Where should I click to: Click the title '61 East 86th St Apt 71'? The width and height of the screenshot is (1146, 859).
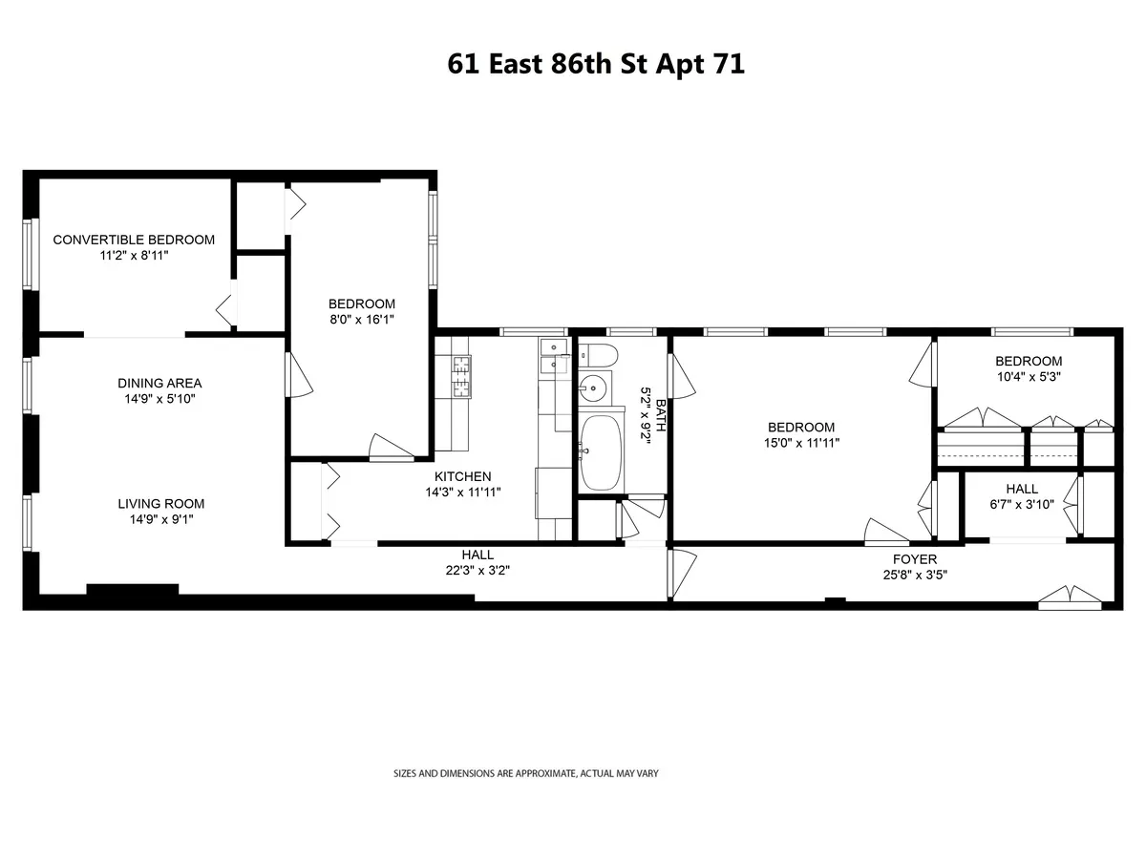point(596,65)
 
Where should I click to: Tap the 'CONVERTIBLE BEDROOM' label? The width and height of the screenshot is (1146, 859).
point(134,240)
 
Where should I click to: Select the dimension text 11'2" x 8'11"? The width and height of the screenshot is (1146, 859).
point(134,256)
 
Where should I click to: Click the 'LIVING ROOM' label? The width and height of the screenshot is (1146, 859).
point(161,504)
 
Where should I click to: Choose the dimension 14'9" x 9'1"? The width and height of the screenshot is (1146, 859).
point(161,520)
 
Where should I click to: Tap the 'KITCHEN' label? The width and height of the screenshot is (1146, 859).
point(463,476)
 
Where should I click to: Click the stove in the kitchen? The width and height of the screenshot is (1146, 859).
point(462,375)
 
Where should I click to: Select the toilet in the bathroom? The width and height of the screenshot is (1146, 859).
point(596,356)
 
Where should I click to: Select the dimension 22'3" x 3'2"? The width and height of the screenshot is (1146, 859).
point(477,571)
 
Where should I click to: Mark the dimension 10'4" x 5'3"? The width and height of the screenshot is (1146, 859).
point(1028,377)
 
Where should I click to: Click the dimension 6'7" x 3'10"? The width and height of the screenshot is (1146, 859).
point(1021,505)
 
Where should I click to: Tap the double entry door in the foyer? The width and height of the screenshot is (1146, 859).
point(1072,597)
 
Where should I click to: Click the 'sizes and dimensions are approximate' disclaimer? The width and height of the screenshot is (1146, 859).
point(526,773)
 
